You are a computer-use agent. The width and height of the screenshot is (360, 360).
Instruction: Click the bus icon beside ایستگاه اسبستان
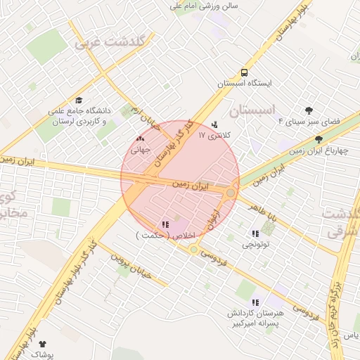point(244,72)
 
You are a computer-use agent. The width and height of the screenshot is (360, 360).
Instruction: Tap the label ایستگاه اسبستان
point(244,83)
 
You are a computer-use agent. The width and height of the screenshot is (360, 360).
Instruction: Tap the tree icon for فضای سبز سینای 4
point(309,110)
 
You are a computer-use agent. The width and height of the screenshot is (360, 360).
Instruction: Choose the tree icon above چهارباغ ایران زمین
point(319,139)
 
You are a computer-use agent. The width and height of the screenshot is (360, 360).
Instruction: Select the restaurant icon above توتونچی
point(255,234)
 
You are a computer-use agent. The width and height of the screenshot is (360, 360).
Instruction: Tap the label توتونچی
point(255,245)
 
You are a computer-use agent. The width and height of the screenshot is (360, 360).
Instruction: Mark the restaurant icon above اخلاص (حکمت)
point(165,224)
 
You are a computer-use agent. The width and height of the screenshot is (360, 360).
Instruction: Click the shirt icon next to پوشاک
point(42,344)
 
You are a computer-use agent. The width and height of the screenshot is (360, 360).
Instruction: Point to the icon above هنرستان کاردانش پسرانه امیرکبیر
point(264,302)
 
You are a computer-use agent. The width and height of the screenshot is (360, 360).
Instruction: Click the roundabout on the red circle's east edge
point(231,193)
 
